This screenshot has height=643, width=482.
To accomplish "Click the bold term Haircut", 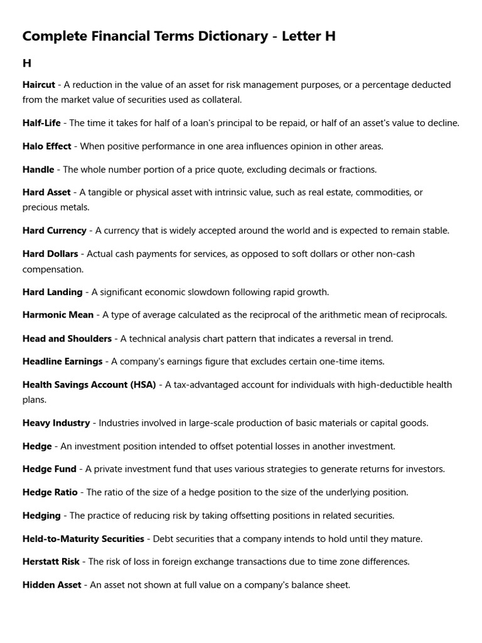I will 39,85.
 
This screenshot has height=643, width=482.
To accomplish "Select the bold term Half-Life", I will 41,123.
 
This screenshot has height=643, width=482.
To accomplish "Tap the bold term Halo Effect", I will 46,146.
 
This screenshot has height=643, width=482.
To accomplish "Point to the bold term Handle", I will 38,170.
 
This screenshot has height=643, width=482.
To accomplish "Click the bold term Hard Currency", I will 54,230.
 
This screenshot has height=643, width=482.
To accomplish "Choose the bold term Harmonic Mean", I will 58,315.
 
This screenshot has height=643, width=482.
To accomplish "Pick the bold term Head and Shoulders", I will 67,338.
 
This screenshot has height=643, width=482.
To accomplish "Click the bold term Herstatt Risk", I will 51,562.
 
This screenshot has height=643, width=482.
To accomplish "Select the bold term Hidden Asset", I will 51,585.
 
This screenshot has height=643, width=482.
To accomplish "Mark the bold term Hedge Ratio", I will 50,492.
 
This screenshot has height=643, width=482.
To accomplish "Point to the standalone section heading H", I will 27,63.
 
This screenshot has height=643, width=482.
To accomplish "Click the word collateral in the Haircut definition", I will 219,100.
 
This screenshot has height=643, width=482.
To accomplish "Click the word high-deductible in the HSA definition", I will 366,384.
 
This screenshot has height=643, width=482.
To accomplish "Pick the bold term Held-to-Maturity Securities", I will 83,539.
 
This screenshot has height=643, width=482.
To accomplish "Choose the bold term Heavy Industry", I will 56,423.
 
